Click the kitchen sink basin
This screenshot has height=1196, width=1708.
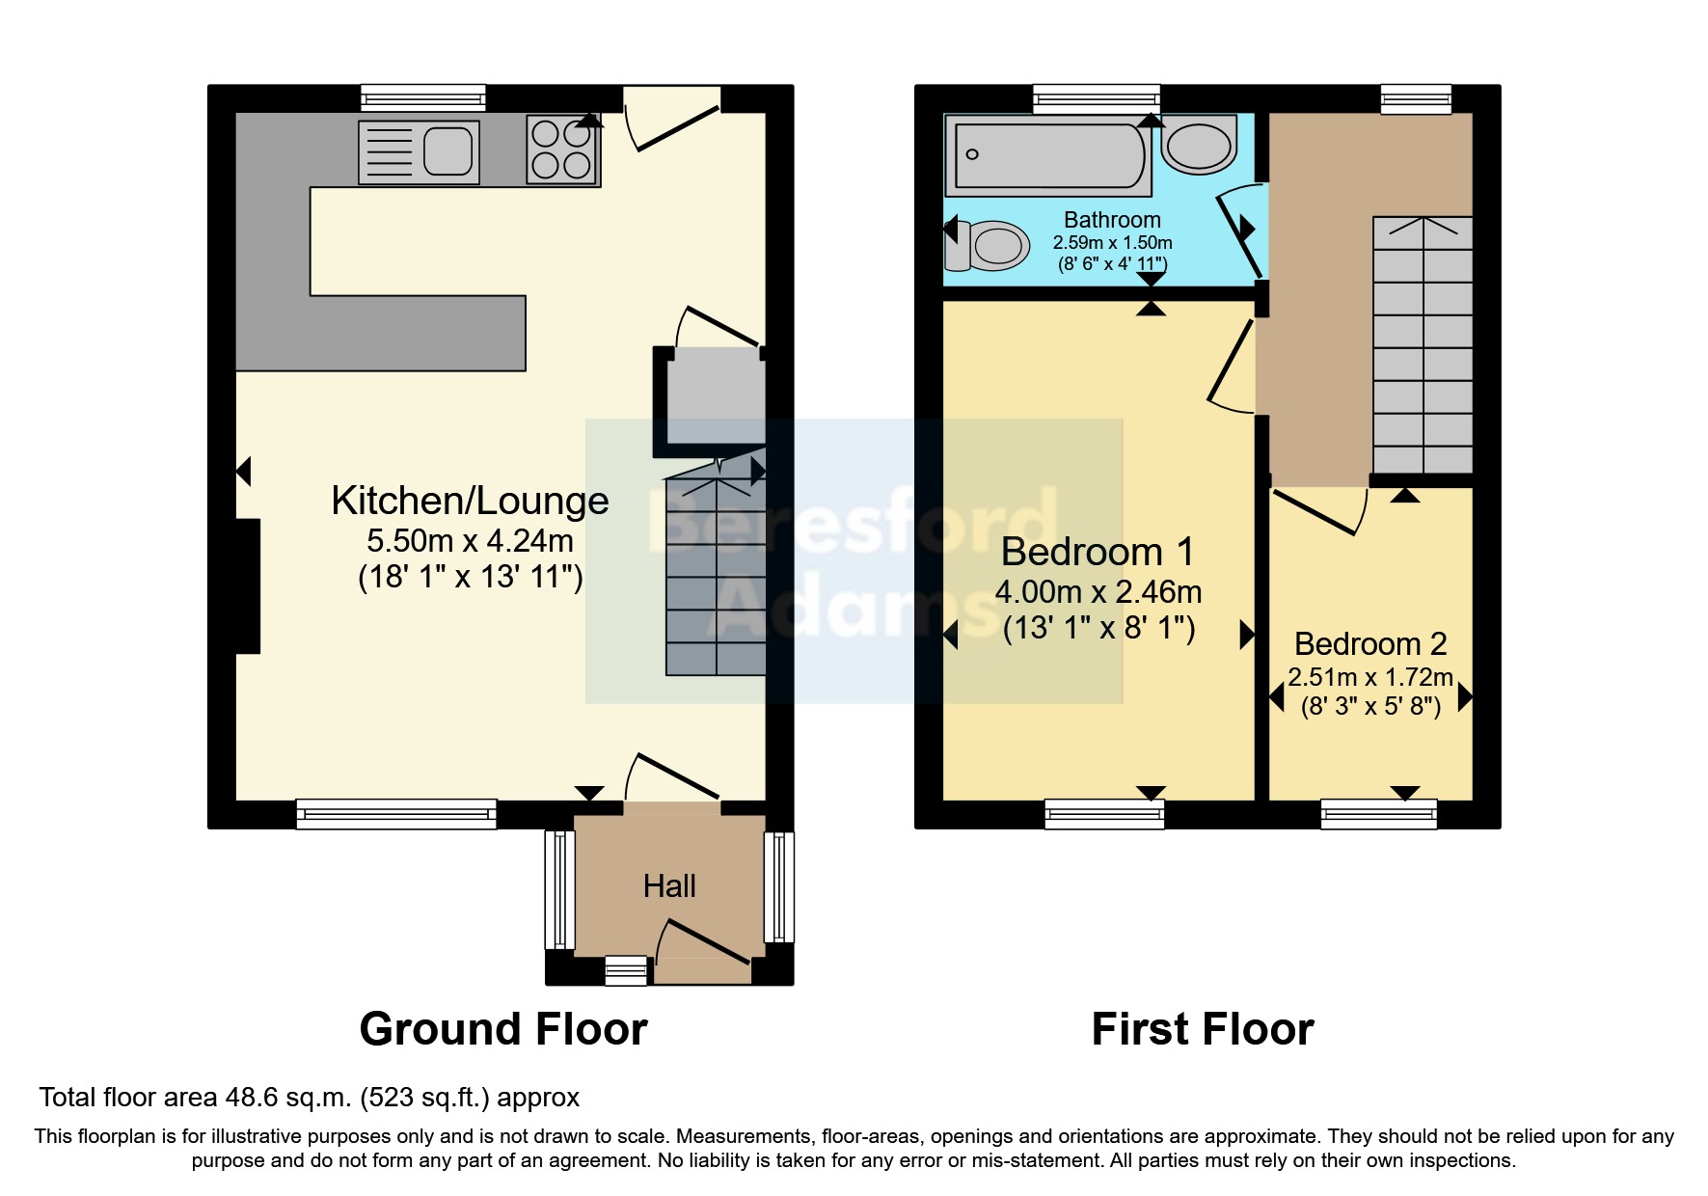[447, 151]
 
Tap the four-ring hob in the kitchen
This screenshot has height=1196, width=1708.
[561, 150]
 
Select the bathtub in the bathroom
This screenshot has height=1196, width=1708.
[1049, 154]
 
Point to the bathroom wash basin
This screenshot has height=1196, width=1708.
[1199, 146]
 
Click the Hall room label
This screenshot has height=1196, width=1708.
[669, 885]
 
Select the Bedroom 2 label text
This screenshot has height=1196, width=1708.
[1370, 643]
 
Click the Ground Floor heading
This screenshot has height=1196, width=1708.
[503, 1029]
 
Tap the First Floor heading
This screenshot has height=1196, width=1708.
[1203, 1029]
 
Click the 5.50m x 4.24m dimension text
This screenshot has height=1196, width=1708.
[470, 540]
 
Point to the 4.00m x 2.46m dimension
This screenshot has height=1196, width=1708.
[1098, 591]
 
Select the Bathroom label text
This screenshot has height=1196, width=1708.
[1112, 220]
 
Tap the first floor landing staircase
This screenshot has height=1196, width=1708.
[1423, 347]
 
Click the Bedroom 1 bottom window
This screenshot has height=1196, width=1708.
[1105, 814]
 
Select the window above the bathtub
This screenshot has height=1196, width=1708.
[1096, 97]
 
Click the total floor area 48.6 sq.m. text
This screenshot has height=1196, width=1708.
[309, 1098]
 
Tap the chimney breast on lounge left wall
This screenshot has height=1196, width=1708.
[248, 585]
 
